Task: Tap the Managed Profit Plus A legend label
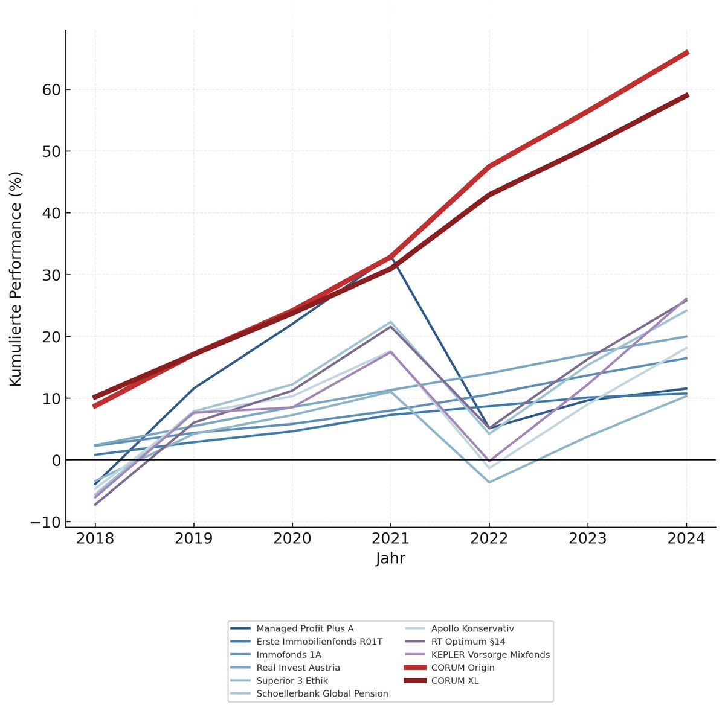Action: point(304,628)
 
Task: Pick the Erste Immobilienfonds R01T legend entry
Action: point(319,642)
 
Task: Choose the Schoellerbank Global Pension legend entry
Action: point(322,694)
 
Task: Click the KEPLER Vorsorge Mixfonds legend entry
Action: point(490,654)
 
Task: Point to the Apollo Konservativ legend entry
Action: point(472,628)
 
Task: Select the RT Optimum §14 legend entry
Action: point(468,642)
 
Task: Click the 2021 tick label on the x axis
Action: point(390,538)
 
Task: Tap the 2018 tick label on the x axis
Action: point(95,538)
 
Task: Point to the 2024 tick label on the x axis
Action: point(686,538)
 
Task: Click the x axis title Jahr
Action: point(390,559)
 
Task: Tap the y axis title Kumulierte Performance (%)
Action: point(16,279)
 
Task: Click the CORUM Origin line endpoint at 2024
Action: point(686,53)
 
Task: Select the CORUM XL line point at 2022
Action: point(489,194)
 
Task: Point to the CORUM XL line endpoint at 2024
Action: point(686,95)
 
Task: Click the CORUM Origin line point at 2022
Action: point(489,166)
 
